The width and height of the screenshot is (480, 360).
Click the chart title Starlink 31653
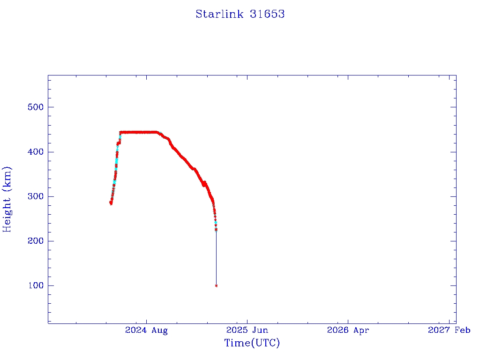tap(240, 14)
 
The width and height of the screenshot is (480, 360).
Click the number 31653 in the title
tap(267, 14)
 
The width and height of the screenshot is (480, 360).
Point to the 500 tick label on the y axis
tap(36, 107)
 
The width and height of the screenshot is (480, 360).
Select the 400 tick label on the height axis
tap(36, 152)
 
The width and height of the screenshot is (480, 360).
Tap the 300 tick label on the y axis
tap(36, 196)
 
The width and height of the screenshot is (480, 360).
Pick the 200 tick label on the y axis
tap(36, 241)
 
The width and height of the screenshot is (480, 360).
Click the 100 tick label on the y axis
tap(36, 285)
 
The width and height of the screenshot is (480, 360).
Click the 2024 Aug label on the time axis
tap(146, 330)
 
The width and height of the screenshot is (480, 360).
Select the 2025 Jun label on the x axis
tap(247, 330)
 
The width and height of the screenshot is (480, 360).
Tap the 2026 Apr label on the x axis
tap(348, 330)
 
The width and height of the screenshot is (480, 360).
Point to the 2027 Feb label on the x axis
tap(449, 330)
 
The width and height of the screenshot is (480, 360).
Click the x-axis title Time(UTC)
tap(252, 343)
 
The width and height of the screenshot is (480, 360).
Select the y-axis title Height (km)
tap(7, 199)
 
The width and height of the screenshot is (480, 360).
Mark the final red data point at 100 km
tap(217, 286)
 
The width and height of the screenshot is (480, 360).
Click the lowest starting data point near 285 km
tap(111, 203)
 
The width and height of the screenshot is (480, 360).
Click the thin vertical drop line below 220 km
tap(217, 258)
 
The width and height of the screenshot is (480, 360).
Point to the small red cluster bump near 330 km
tap(204, 184)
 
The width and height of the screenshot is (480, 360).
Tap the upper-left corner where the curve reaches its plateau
tap(120, 132)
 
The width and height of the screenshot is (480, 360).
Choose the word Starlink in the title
tap(219, 14)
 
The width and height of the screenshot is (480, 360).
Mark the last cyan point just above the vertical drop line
tap(216, 223)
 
